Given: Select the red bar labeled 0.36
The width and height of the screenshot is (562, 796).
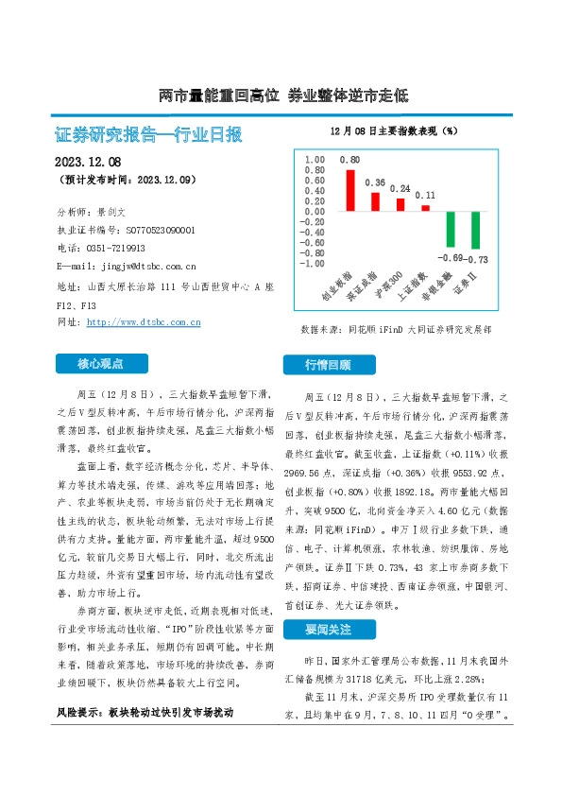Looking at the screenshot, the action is pyautogui.click(x=375, y=201).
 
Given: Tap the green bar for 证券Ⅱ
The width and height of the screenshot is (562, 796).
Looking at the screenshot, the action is pyautogui.click(x=475, y=231).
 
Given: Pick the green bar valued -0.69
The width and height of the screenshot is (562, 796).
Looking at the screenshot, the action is pyautogui.click(x=451, y=230).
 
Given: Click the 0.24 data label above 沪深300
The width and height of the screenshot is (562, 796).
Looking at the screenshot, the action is pyautogui.click(x=400, y=188).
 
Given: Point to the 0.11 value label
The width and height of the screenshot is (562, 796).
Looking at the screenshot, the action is pyautogui.click(x=425, y=195).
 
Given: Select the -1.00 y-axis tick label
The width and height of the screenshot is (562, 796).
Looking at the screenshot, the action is pyautogui.click(x=312, y=264).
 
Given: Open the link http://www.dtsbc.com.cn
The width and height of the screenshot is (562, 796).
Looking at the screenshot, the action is pyautogui.click(x=144, y=322).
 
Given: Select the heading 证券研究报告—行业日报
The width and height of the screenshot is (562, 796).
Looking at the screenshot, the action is pyautogui.click(x=149, y=134).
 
